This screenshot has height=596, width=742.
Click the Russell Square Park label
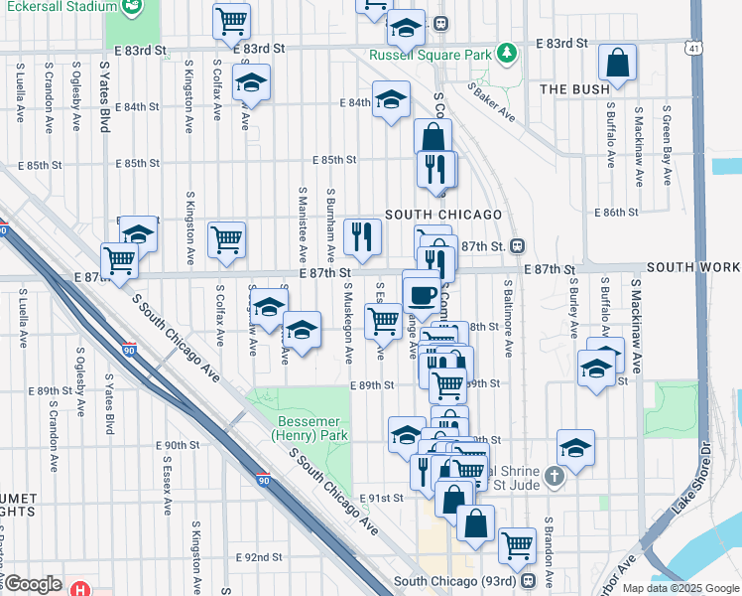click(429, 56)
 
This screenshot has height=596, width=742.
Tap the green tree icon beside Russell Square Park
click(507, 52)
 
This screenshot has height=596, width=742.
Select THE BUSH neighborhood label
click(573, 89)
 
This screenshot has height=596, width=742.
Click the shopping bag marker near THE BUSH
click(618, 64)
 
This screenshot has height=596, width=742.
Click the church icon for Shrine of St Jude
click(555, 477)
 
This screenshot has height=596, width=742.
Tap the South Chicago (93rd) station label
click(456, 581)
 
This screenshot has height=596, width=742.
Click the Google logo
click(33, 584)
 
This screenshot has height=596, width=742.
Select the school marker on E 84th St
click(392, 99)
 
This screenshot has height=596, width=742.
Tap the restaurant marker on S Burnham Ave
click(362, 236)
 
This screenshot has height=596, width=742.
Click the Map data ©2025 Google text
click(680, 588)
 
